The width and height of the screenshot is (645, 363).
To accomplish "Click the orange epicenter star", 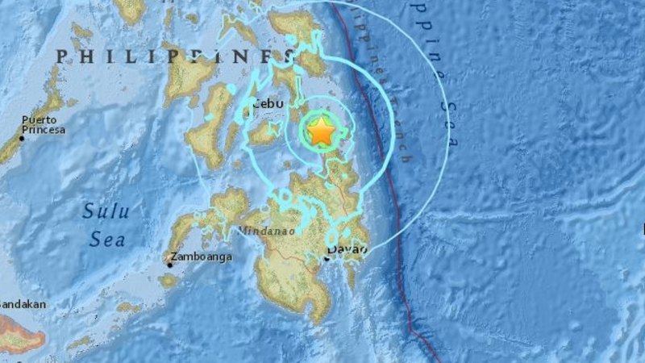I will (x=322, y=131).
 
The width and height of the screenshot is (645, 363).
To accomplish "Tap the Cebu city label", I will (x=266, y=103).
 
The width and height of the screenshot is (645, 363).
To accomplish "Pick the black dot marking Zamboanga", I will (x=170, y=263).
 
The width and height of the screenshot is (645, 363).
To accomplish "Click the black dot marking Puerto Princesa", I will (x=22, y=138).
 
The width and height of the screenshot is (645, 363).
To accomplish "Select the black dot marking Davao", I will (x=328, y=258).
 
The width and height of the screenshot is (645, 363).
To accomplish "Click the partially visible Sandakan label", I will (x=23, y=304).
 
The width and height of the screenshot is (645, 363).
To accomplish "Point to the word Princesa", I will (x=44, y=130).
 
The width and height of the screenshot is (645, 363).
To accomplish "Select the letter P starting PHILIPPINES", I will (x=61, y=56).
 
